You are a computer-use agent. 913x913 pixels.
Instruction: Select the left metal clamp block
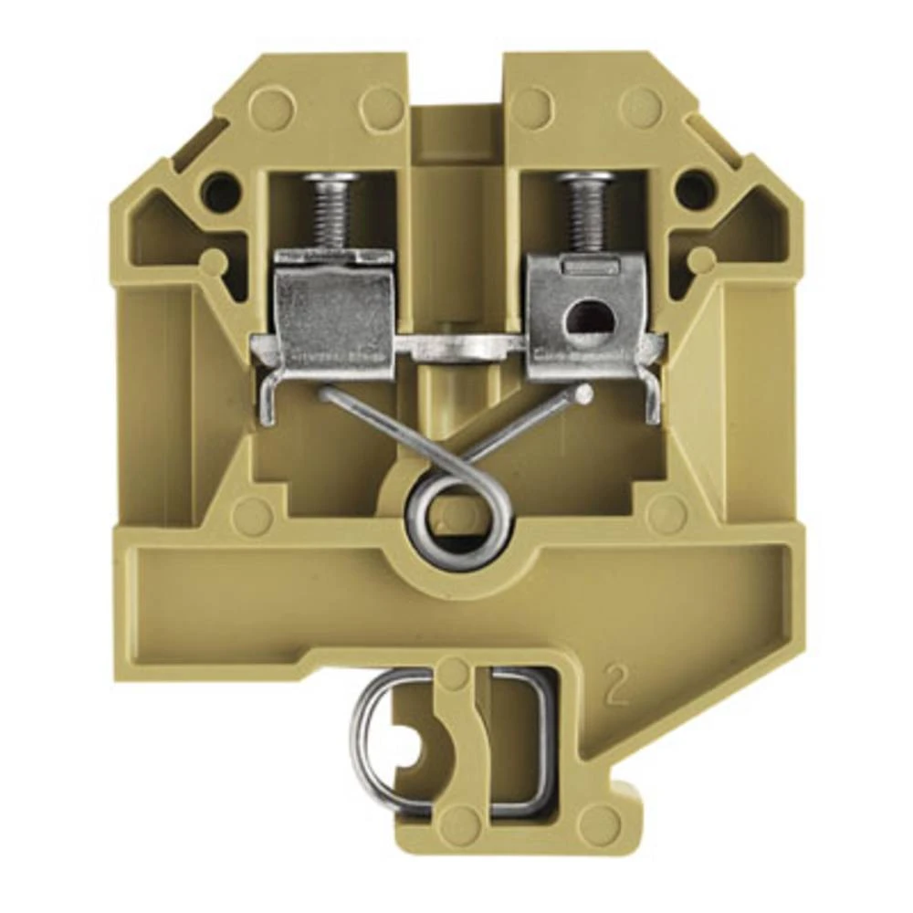(335, 310)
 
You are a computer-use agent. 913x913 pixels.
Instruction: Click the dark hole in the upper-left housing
(217, 190)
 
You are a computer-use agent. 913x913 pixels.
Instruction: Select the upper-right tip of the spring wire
(582, 394)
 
